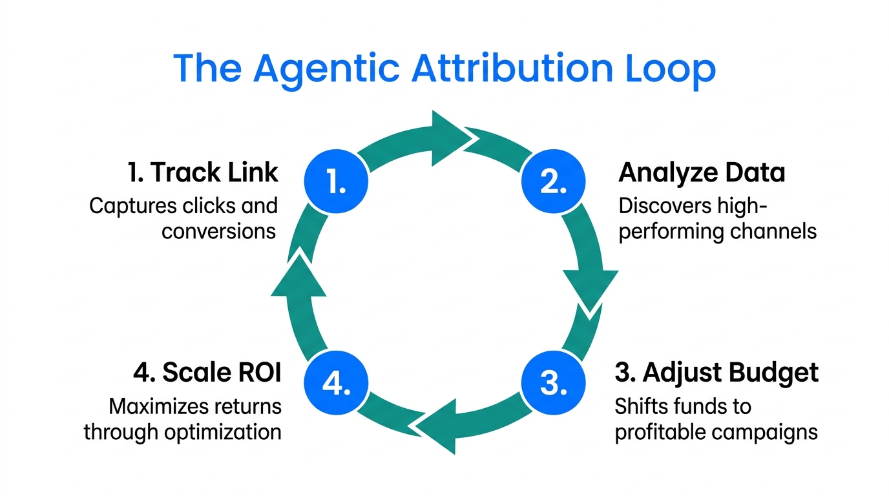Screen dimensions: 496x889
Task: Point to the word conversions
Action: [219, 231]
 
